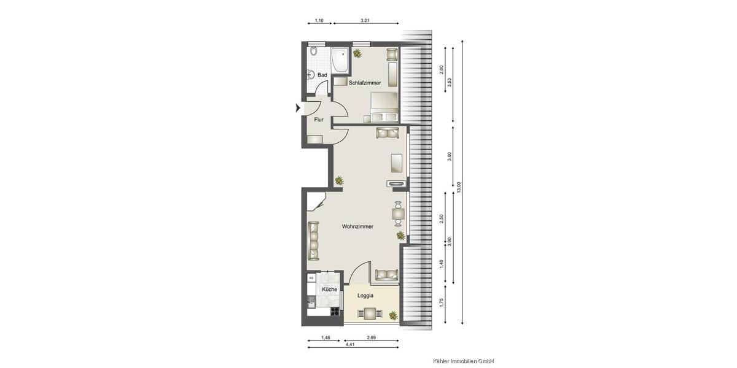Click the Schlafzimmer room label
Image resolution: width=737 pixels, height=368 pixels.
tap(365, 83)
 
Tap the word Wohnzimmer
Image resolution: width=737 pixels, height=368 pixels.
tap(357, 226)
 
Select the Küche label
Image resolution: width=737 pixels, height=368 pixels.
tap(329, 289)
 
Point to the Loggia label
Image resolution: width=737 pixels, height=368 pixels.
tap(366, 296)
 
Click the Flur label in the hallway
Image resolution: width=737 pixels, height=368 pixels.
tap(319, 120)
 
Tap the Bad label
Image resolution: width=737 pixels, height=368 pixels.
tap(322, 75)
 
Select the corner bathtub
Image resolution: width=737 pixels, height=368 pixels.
tap(340, 59)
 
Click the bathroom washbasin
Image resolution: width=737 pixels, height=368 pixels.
tap(311, 75)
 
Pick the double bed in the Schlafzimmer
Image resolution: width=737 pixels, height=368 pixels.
tap(384, 108)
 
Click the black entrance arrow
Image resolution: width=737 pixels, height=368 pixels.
tap(298, 109)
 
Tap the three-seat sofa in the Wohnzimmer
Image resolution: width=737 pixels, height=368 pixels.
tap(314, 240)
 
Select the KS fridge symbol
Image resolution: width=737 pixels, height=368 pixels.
tap(312, 278)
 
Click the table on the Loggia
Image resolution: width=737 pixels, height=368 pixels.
tap(370, 314)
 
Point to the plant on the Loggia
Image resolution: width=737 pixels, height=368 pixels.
tap(392, 315)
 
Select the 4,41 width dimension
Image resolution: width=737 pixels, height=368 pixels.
tap(349, 345)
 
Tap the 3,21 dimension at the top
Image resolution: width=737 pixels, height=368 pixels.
tap(365, 21)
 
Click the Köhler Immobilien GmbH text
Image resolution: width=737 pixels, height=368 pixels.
tap(464, 361)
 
